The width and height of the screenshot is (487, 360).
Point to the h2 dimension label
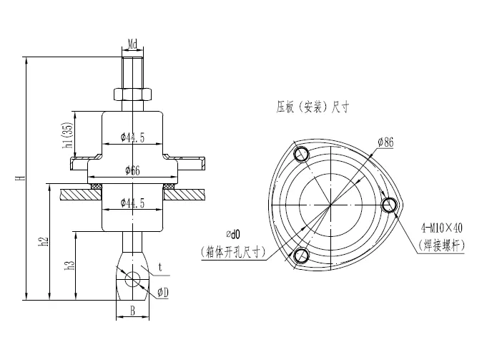click(44, 241)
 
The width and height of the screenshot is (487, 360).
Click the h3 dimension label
click(69, 266)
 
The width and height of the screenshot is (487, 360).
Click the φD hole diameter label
click(164, 293)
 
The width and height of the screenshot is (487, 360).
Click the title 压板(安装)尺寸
click(313, 108)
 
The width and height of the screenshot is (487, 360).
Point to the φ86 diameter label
click(385, 142)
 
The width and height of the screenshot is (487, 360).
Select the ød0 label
click(234, 233)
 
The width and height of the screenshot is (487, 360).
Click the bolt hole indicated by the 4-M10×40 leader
click(390, 205)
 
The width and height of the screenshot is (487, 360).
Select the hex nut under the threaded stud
click(132, 94)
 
